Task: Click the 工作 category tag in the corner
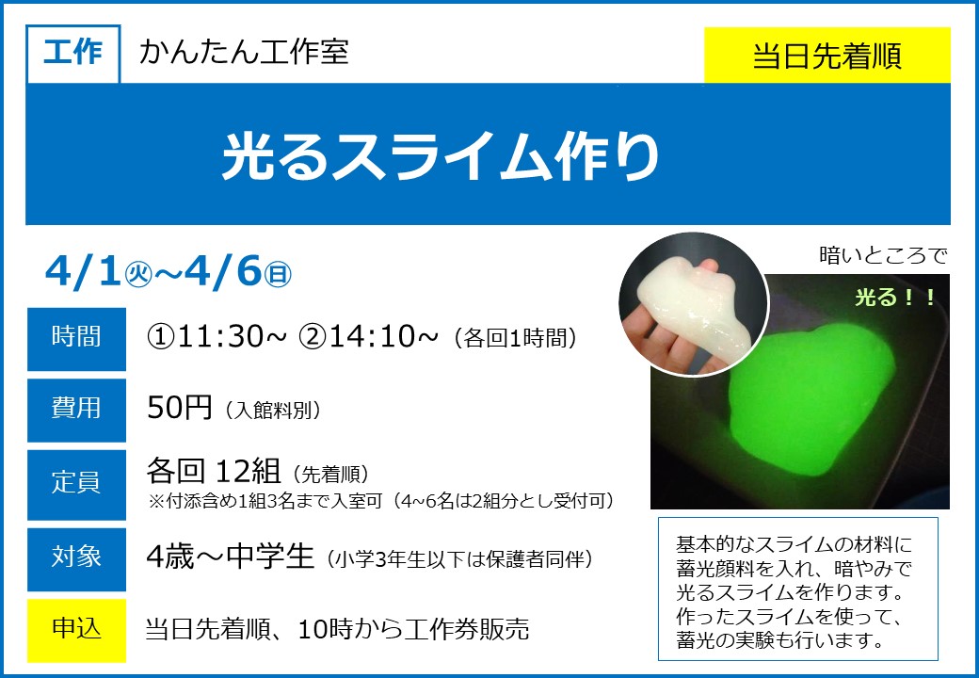73,54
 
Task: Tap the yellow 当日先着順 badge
827,55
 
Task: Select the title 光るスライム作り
441,156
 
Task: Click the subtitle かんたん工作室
244,51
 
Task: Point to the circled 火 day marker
138,275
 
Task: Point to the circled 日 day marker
278,275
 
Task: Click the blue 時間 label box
76,339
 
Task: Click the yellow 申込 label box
76,630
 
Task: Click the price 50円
180,409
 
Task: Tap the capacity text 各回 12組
214,472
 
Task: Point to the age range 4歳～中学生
230,557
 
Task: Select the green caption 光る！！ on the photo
894,298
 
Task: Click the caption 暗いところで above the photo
883,255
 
